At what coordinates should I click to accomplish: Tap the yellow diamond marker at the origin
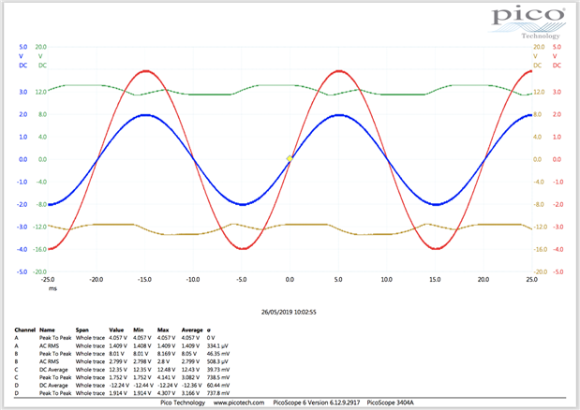290,158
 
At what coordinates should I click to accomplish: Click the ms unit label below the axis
52,288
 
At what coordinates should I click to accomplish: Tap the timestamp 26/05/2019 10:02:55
289,312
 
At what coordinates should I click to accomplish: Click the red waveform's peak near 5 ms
337,70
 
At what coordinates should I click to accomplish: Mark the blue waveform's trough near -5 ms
241,203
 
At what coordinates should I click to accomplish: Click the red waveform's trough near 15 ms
435,248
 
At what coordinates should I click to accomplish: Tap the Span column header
83,329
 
